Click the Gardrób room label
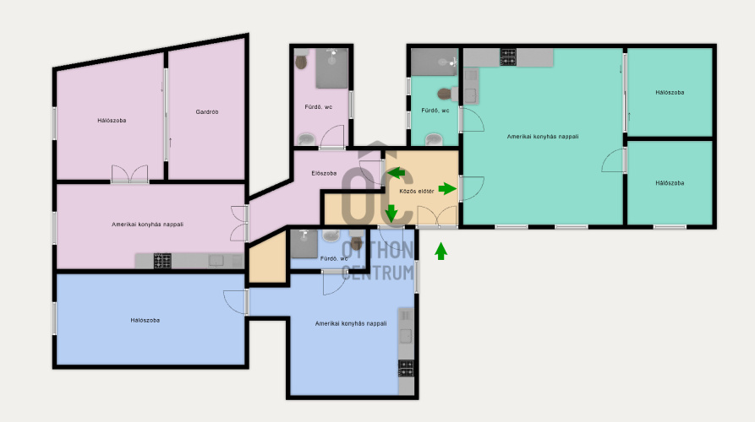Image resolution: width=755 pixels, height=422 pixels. (x=207, y=112)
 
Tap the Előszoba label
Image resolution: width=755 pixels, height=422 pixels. (x=324, y=173)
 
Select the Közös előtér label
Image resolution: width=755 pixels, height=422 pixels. (x=417, y=192)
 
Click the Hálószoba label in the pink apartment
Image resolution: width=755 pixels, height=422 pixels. (x=112, y=121)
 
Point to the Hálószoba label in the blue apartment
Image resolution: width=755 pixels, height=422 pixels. (x=145, y=320)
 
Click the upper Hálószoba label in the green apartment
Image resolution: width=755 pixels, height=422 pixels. (x=670, y=92)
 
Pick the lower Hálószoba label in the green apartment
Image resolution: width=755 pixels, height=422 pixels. (x=670, y=183)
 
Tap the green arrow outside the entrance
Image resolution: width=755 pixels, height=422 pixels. (x=441, y=252)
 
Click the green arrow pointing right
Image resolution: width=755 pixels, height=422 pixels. (x=447, y=189)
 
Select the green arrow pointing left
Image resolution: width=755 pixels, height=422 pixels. (x=397, y=173)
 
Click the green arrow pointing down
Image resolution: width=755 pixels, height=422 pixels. (x=391, y=214)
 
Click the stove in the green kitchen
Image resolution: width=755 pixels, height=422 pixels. (x=508, y=57)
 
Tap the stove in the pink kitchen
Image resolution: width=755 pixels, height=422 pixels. (x=162, y=261)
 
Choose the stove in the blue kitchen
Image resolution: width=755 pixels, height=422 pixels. (x=406, y=368)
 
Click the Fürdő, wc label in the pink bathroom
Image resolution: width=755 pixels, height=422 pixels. (x=318, y=107)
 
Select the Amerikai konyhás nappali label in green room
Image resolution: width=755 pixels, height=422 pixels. (x=543, y=137)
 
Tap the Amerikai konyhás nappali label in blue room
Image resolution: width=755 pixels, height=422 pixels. (x=351, y=323)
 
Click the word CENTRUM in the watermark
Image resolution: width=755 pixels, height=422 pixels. (x=377, y=273)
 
